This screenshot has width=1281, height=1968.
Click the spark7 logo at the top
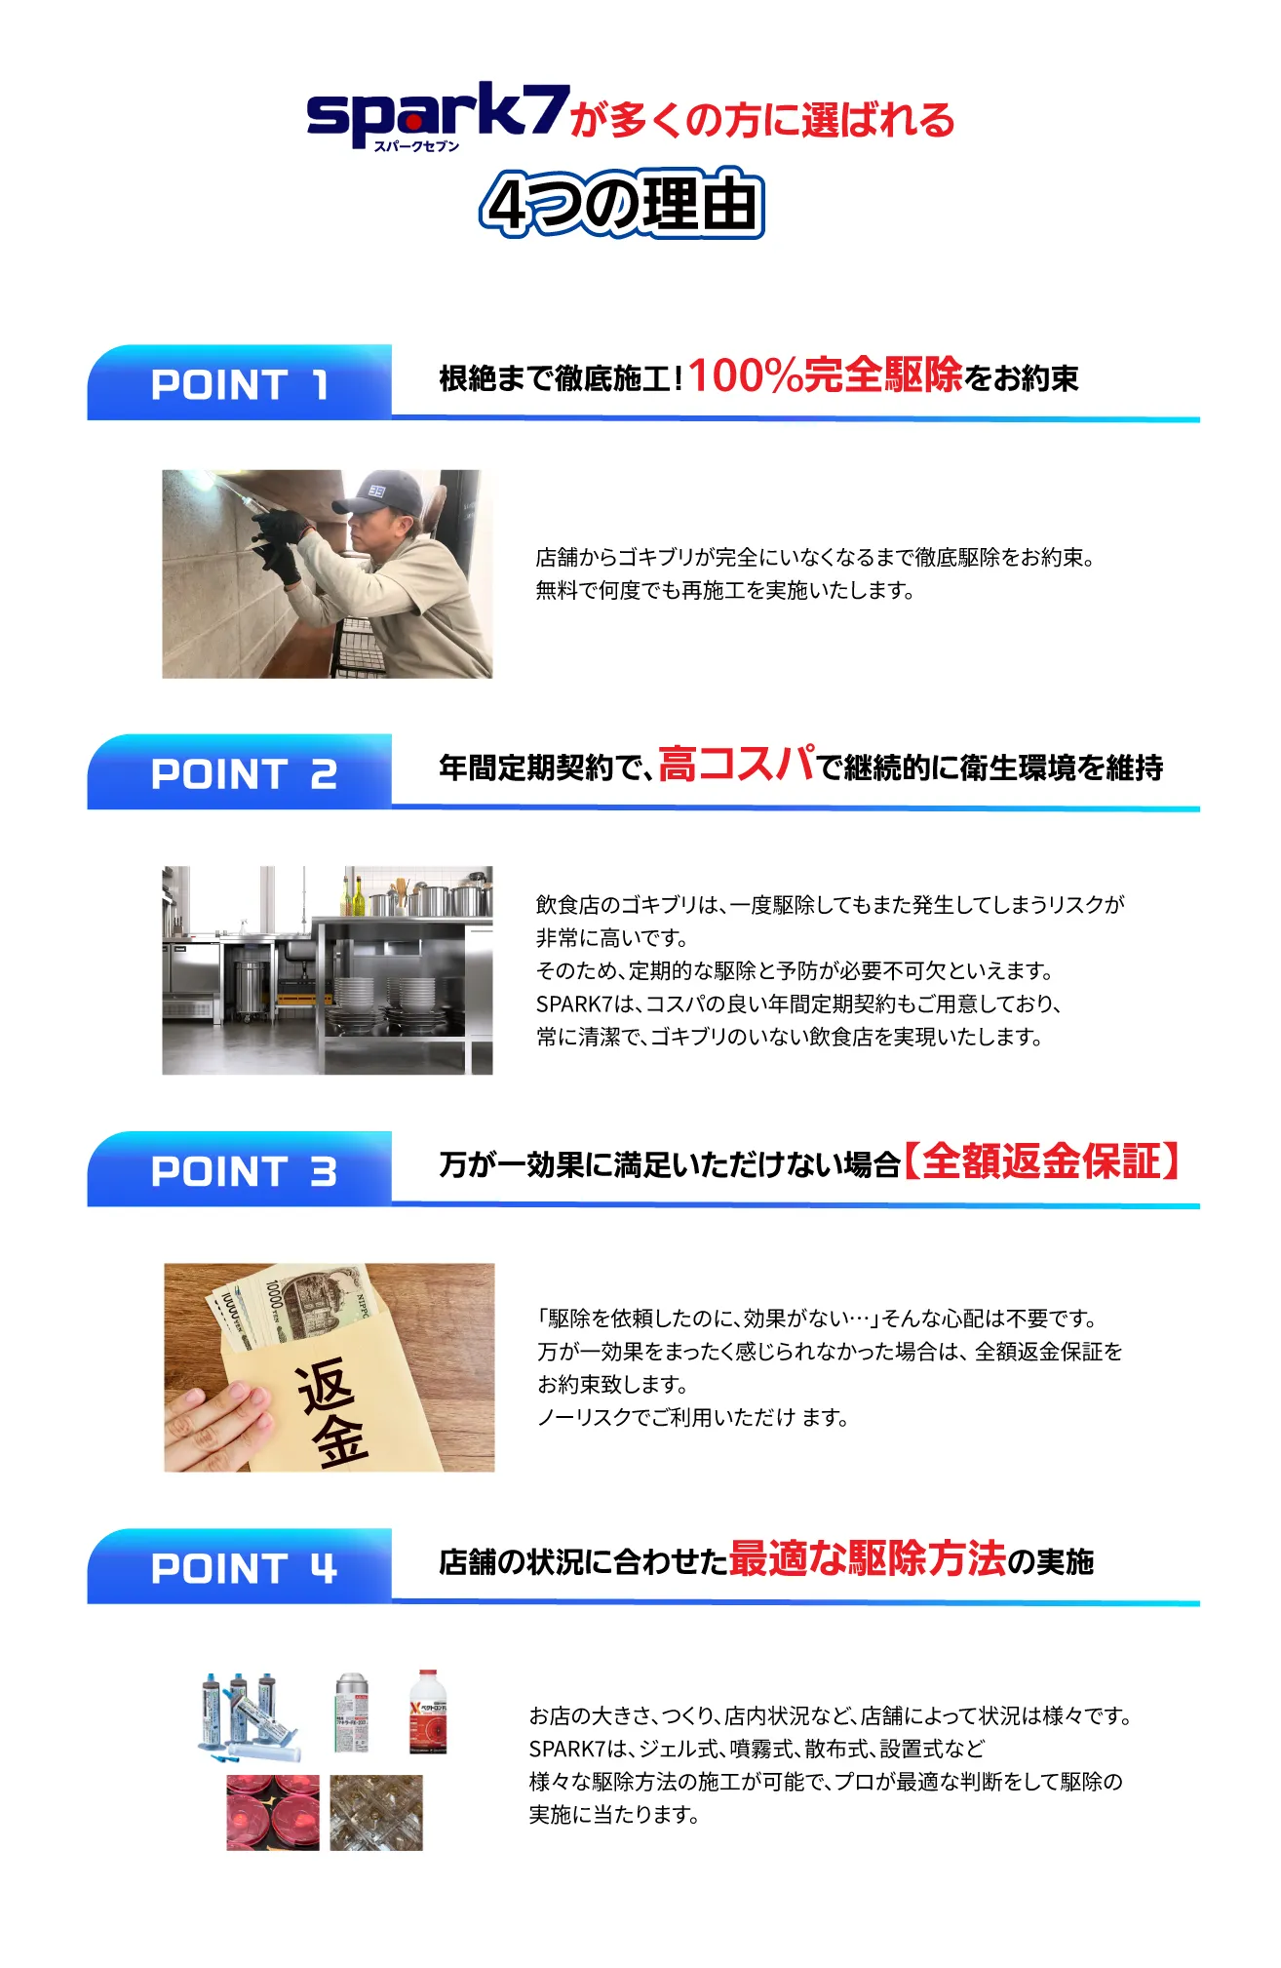click(x=437, y=117)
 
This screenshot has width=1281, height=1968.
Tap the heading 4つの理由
click(x=622, y=204)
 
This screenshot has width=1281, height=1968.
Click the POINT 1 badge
click(x=240, y=383)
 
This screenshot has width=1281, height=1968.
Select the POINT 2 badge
click(x=240, y=772)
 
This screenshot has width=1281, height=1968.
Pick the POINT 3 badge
click(x=240, y=1170)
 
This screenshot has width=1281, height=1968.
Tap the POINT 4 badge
click(x=240, y=1567)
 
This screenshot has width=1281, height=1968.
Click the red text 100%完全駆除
click(x=825, y=374)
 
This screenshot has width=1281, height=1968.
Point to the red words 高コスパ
click(x=737, y=764)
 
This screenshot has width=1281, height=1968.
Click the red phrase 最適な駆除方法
click(x=868, y=1557)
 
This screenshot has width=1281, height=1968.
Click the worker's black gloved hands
click(x=279, y=545)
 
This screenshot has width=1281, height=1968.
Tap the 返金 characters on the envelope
click(x=331, y=1410)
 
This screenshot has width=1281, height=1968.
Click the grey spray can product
click(x=352, y=1712)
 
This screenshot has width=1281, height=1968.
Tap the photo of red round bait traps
click(x=273, y=1812)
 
